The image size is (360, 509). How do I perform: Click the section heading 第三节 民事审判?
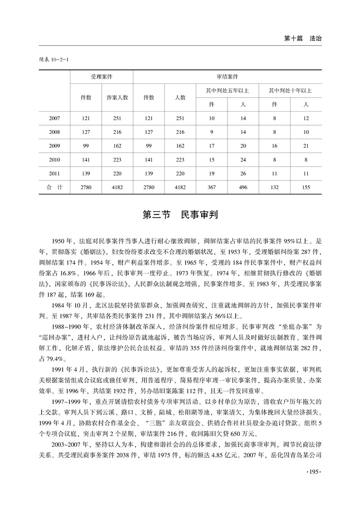180,215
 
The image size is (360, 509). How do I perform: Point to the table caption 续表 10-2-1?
51,59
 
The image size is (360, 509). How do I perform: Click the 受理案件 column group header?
101,77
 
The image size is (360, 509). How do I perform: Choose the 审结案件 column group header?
227,77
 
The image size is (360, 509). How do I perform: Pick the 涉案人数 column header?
117,97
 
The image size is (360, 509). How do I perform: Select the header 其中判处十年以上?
290,90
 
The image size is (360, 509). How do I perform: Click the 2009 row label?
54,147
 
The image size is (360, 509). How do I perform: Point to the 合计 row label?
54,187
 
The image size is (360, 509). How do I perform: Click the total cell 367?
212,187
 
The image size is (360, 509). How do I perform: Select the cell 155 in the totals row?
306,187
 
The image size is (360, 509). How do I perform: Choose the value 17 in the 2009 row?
212,147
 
